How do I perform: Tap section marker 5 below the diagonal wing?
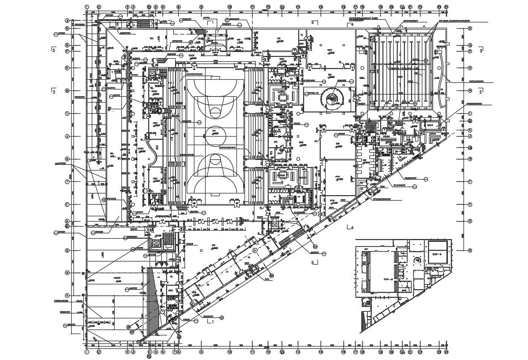tap(314, 262)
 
